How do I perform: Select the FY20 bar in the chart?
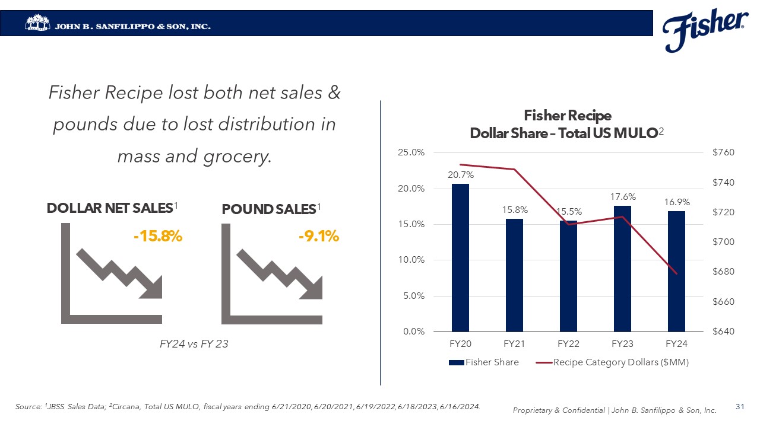tap(460, 257)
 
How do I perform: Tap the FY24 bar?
tap(676, 271)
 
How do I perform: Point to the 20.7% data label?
tap(460, 175)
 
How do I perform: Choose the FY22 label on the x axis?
tap(568, 344)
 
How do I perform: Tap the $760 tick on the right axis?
tap(723, 152)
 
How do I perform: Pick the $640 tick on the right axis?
tap(723, 332)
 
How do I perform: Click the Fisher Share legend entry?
tap(484, 362)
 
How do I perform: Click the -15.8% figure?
tap(157, 237)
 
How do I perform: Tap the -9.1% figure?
tap(318, 237)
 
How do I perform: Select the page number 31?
tap(740, 407)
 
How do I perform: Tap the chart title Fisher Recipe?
tap(567, 115)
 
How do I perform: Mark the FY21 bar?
tap(514, 275)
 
